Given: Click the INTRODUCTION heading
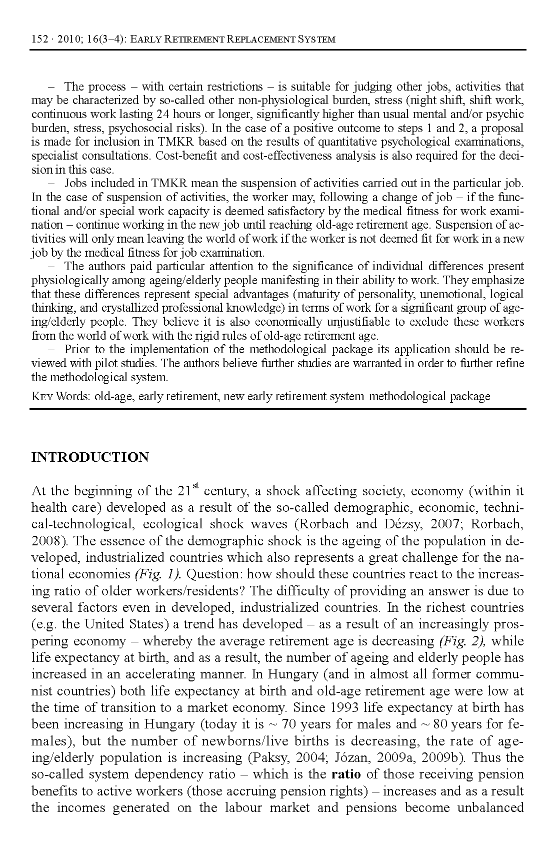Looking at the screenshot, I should coord(90,457).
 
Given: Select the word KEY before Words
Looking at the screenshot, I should coord(42,397).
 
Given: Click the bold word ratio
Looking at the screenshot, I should coord(346,774).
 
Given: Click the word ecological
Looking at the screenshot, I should coord(172,524).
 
